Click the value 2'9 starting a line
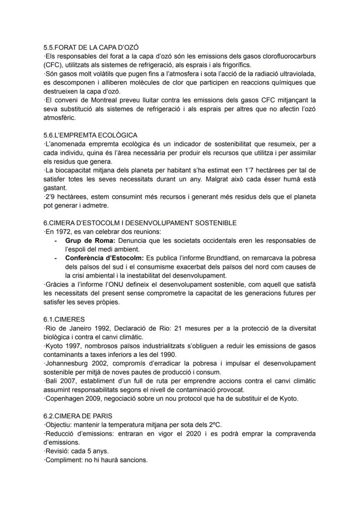[x=50, y=197]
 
